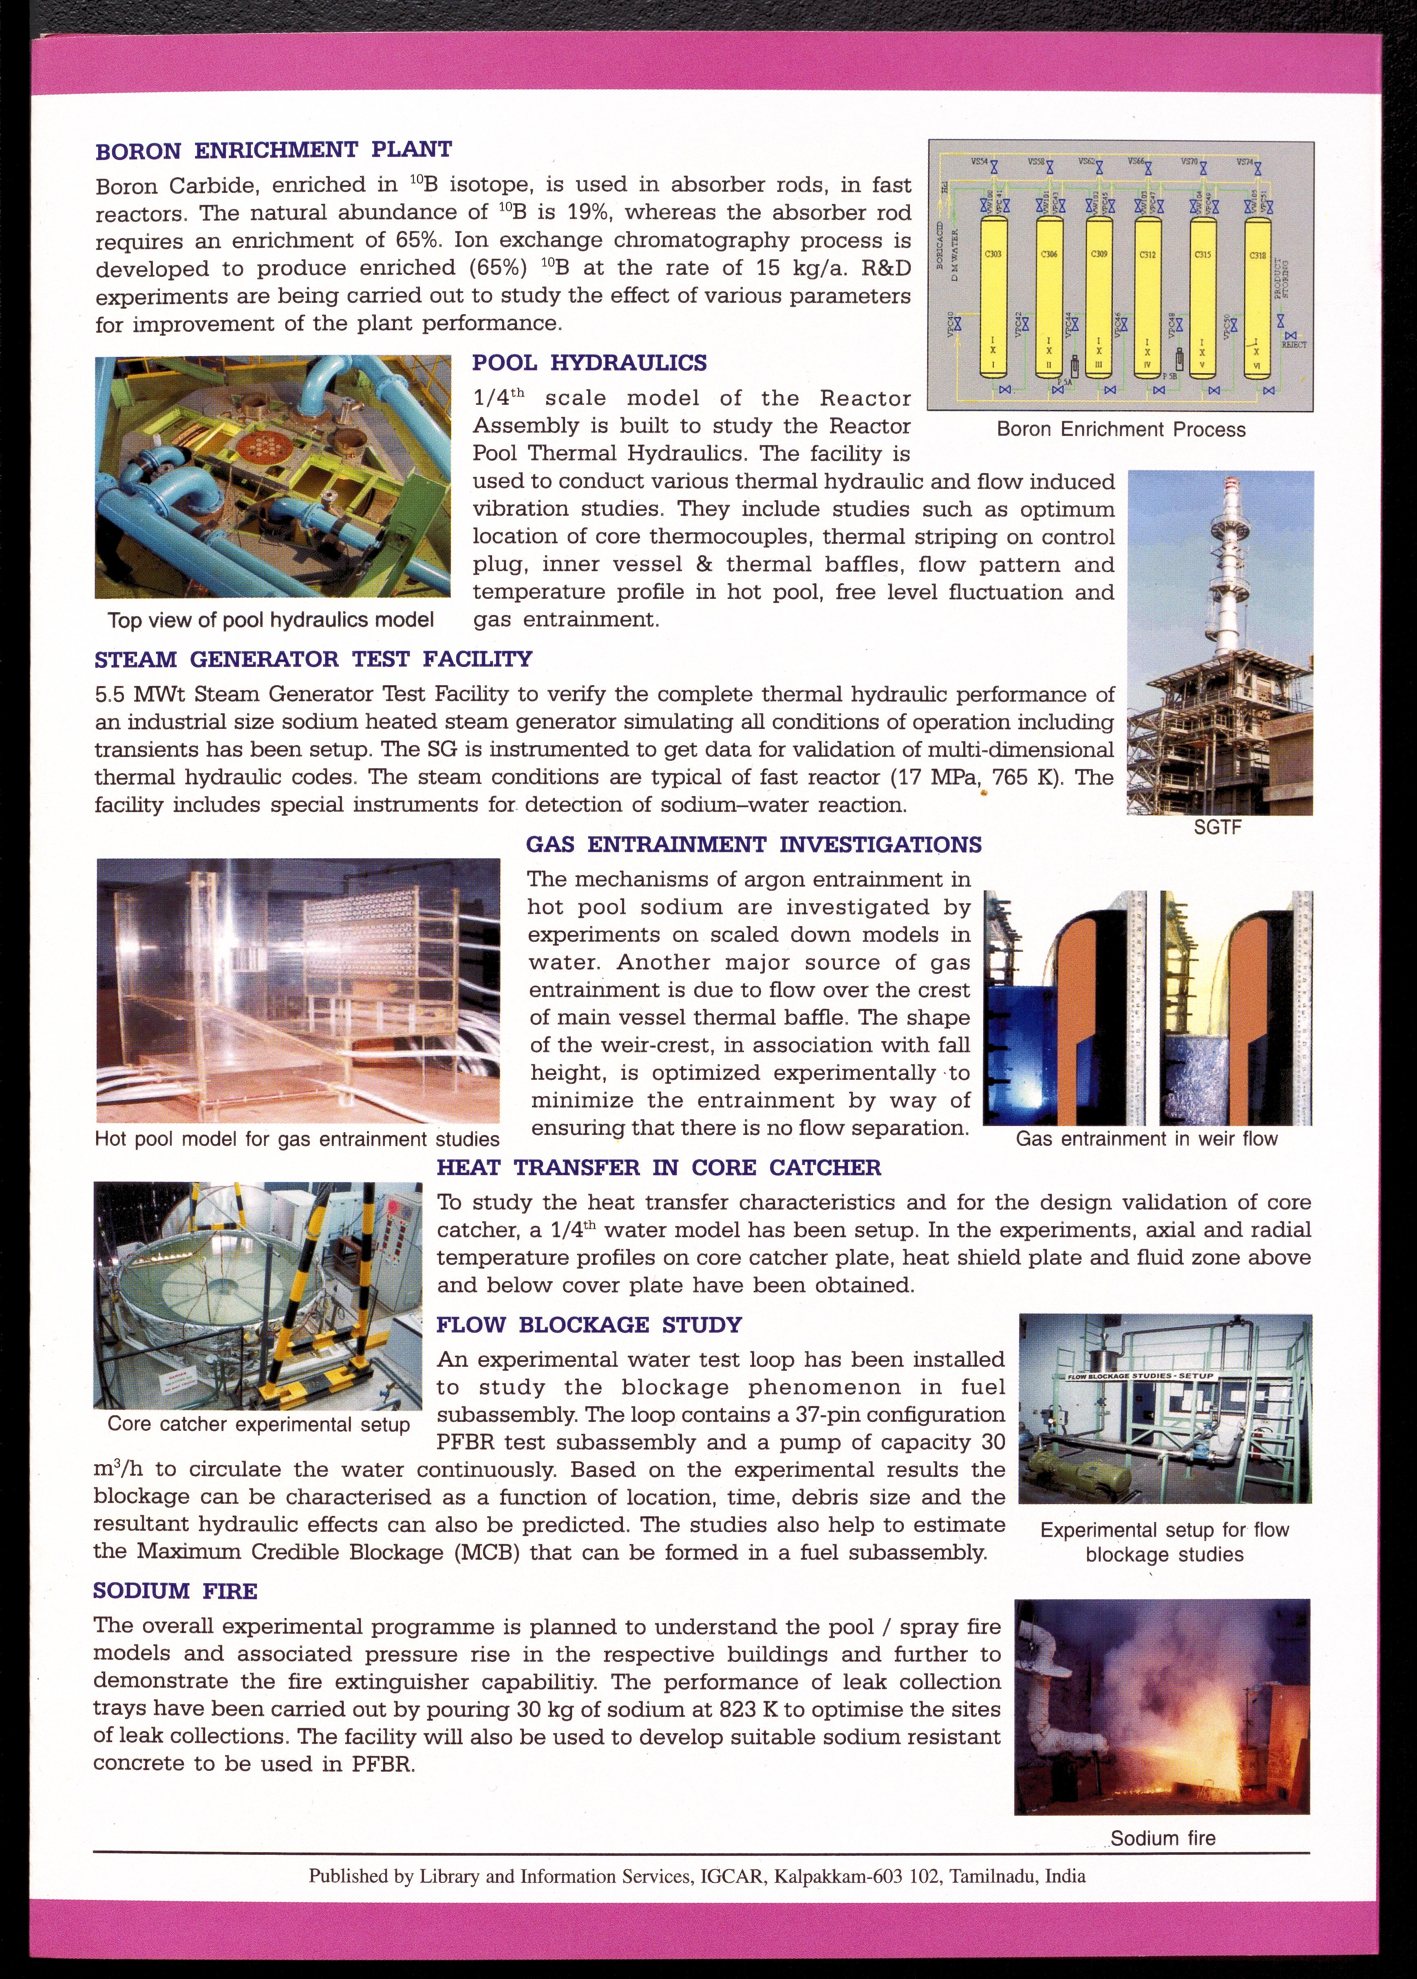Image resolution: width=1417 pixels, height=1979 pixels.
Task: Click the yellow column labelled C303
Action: tap(993, 297)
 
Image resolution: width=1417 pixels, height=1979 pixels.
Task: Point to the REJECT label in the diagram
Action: tap(1293, 345)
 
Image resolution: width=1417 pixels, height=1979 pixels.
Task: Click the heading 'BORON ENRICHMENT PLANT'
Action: tap(273, 150)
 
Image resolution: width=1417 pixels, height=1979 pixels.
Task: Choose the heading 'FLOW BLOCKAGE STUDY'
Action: tap(589, 1325)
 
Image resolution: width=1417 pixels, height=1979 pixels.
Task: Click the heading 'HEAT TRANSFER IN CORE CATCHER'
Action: tap(659, 1167)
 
